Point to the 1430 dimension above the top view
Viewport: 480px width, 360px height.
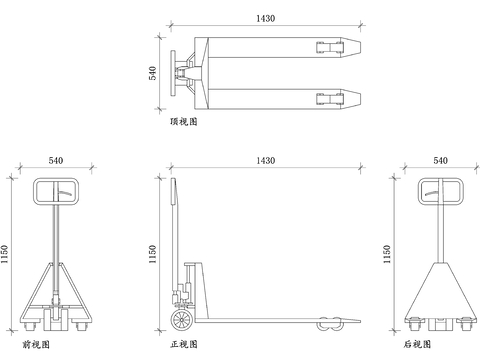click(265, 19)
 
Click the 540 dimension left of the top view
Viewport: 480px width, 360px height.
click(153, 73)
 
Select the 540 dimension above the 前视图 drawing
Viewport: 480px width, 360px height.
click(56, 159)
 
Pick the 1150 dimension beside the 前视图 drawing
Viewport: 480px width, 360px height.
click(6, 254)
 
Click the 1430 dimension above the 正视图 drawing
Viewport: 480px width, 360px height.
click(265, 159)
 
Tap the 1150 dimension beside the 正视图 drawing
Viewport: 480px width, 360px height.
click(153, 254)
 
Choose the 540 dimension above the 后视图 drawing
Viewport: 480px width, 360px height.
click(440, 159)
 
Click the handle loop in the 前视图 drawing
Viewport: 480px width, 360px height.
click(55, 191)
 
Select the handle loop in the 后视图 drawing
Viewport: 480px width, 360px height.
click(440, 191)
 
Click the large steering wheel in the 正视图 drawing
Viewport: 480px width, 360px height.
click(182, 320)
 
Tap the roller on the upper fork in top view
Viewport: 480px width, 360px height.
click(327, 47)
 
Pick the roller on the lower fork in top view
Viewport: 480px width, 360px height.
click(327, 97)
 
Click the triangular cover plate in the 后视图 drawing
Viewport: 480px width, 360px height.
click(440, 290)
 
